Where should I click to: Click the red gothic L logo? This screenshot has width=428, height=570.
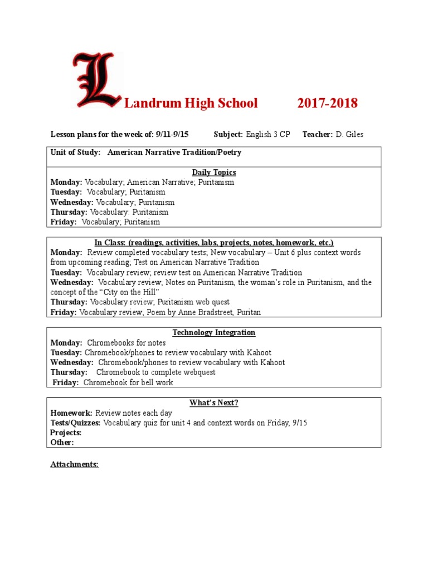[x=96, y=81]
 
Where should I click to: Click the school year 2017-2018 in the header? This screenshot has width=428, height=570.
[x=327, y=103]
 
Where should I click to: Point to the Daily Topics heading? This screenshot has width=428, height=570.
[x=214, y=173]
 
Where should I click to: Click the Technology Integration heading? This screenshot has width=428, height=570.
[x=214, y=332]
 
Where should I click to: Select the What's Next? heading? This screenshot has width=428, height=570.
[x=214, y=403]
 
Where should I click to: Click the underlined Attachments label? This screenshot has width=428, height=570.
[x=75, y=464]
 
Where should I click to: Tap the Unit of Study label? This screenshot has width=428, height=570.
[x=75, y=152]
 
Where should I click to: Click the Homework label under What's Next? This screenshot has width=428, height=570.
[x=71, y=413]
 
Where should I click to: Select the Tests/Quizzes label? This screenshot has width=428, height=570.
[x=76, y=423]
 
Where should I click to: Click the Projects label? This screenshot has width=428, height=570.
[x=66, y=433]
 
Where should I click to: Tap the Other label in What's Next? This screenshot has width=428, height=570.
[x=62, y=442]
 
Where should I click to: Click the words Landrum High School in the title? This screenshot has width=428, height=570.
[x=191, y=103]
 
